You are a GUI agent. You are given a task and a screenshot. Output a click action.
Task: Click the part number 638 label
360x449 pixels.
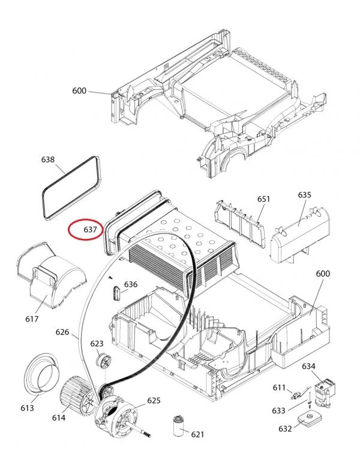click(48, 160)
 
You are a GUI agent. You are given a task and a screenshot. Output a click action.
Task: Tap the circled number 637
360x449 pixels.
click(90, 229)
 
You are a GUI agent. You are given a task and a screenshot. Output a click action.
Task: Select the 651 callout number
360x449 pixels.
click(263, 199)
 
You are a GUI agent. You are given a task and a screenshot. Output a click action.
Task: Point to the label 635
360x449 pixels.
click(304, 194)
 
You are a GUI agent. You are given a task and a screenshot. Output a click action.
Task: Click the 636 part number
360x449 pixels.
click(130, 285)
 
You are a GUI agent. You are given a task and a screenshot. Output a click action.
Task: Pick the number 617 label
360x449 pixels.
click(32, 319)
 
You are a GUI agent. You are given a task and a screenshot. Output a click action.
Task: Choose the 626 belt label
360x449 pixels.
click(62, 332)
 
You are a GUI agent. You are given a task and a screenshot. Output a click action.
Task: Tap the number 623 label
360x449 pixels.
click(97, 343)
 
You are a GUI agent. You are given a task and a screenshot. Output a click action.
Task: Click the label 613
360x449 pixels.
click(27, 408)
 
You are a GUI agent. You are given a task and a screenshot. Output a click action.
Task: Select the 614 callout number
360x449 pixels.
click(59, 418)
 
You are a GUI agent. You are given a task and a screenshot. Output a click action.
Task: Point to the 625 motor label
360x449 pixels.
click(154, 400)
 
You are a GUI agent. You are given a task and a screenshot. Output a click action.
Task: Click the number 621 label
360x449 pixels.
click(197, 435)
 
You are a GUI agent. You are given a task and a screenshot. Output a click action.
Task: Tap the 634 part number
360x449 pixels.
click(309, 366)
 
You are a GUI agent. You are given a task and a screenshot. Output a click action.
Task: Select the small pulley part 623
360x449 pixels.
click(103, 361)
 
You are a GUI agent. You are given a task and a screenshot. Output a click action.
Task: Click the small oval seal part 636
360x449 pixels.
click(116, 293)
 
